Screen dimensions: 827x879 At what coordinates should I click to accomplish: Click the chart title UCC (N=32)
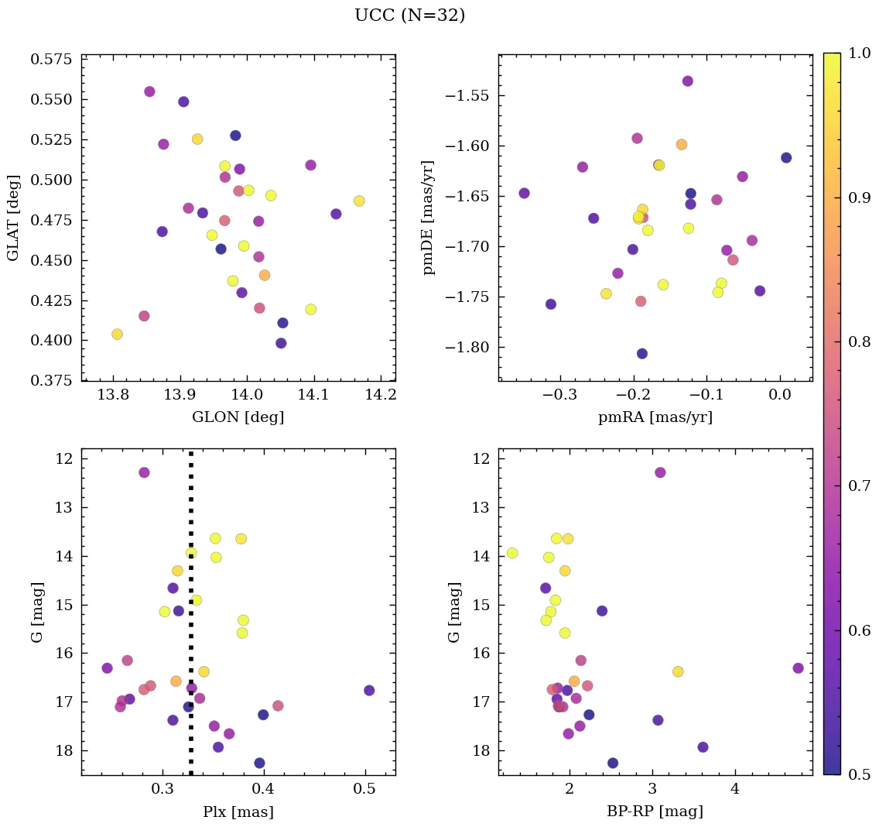(409, 15)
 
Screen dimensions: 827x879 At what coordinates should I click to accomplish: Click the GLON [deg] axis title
(238, 417)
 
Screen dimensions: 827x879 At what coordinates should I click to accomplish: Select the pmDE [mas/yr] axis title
(428, 218)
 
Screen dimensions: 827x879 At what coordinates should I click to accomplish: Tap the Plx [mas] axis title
(238, 812)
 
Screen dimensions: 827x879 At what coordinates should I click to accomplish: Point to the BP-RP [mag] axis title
(655, 812)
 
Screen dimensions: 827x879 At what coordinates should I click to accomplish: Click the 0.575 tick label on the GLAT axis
(54, 60)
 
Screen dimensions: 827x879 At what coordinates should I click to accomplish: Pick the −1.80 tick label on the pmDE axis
(467, 348)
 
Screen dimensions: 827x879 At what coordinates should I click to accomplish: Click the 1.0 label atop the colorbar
(857, 53)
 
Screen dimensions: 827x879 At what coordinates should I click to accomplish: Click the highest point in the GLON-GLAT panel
(149, 91)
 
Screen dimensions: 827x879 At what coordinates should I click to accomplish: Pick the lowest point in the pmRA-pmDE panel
(641, 354)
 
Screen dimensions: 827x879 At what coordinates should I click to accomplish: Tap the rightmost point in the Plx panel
(369, 690)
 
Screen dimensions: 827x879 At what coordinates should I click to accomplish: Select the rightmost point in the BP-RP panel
(798, 667)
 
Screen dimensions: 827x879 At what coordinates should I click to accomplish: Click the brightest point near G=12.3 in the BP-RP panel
(660, 472)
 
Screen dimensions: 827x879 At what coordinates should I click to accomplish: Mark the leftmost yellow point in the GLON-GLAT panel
(117, 334)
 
